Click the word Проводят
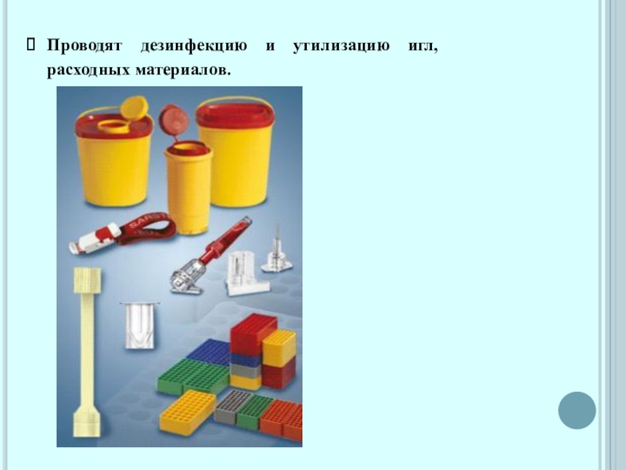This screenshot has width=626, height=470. [84, 45]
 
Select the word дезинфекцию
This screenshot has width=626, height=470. [193, 46]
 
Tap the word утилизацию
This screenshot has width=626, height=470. [341, 46]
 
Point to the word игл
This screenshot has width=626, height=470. [423, 46]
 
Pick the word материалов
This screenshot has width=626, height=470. [183, 70]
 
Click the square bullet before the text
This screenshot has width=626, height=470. [31, 45]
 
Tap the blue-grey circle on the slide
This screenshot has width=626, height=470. [577, 410]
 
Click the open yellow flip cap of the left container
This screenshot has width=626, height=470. [135, 108]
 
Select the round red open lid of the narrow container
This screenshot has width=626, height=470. [173, 121]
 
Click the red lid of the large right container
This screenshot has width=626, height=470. [236, 114]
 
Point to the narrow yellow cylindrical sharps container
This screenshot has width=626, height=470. [189, 188]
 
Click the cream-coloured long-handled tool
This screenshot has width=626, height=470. [88, 352]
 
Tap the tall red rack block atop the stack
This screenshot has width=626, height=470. [253, 334]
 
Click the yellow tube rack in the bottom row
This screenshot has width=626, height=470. [187, 413]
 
